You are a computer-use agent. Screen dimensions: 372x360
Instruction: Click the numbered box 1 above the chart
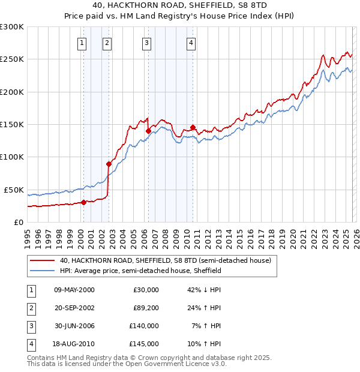81,43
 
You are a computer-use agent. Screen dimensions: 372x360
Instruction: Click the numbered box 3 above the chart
146,43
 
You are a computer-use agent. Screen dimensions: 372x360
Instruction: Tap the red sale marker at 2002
109,164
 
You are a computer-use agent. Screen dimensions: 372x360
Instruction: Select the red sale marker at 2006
148,130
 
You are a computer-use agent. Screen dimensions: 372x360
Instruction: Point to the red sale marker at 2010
193,127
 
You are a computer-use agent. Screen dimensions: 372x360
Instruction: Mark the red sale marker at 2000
84,202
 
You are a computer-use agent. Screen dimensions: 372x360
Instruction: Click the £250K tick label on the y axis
12,59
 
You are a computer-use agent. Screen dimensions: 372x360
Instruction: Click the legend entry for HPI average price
140,271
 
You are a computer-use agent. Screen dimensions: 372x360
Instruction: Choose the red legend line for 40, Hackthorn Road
41,261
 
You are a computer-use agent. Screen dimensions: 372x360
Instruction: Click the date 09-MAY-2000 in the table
74,290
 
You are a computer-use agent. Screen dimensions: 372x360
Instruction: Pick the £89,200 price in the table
146,308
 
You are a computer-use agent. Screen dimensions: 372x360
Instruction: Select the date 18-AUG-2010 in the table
74,344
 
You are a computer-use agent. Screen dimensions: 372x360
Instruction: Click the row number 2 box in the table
29,308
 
